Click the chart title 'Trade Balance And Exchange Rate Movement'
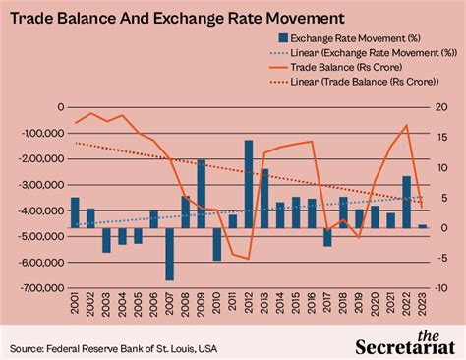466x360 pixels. pos(177,18)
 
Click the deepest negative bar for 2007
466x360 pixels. pos(169,254)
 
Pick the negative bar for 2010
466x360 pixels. pos(217,244)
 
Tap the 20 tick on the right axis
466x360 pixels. pos(441,107)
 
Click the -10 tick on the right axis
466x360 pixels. pos(441,288)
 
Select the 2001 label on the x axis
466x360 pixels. pos(75,307)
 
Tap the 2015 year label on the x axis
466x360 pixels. pos(296,307)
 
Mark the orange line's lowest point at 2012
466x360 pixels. pos(249,259)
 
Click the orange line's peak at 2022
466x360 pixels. pos(406,125)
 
